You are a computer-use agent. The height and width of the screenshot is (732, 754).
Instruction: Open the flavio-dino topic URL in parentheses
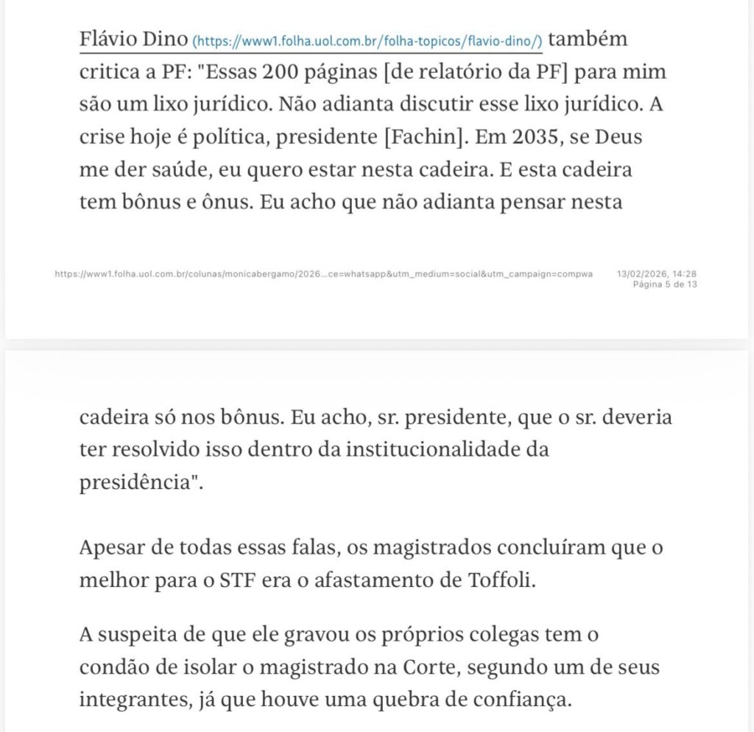pyautogui.click(x=367, y=41)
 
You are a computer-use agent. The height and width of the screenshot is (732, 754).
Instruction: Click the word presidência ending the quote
pyautogui.click(x=137, y=482)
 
